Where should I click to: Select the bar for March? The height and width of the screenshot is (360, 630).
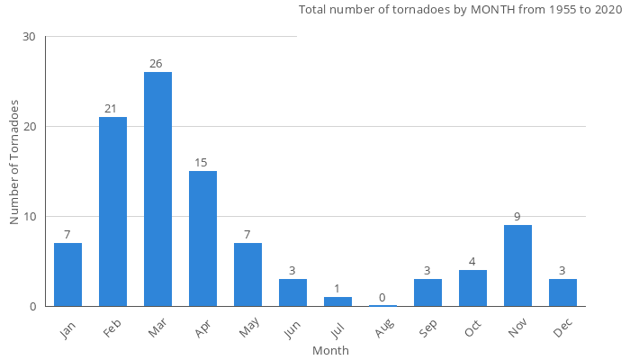pos(157,189)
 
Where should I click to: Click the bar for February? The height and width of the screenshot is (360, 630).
pos(112,211)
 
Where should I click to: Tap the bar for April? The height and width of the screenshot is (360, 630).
pos(202,238)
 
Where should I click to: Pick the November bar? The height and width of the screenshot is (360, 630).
pos(517,265)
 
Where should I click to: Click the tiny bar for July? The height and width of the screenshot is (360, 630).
pos(337,302)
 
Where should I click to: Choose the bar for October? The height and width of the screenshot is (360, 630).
pos(472,288)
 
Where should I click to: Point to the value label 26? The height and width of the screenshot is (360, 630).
pos(157,64)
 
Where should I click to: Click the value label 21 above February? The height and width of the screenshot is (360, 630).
pos(111,109)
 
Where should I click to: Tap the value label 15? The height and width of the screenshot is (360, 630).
pos(201,163)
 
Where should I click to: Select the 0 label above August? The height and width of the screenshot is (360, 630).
pos(382,298)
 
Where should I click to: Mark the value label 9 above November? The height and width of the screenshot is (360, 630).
pos(517,217)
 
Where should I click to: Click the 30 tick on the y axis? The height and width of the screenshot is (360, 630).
pos(30,37)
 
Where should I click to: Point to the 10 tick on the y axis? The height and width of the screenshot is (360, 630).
pos(30,217)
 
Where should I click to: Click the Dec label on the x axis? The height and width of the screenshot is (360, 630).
pos(561,330)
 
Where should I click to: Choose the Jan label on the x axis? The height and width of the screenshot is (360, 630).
pos(66,330)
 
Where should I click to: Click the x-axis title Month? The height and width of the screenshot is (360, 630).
pos(330,350)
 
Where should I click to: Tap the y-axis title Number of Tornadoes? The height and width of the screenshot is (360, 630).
pos(14,163)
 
